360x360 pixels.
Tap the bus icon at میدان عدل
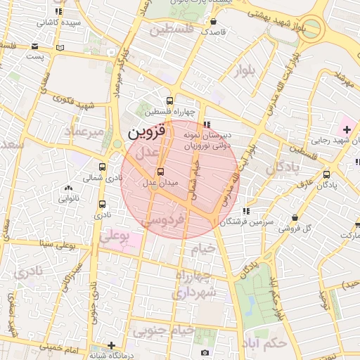click(161, 171)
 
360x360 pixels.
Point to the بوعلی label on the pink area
click(115, 238)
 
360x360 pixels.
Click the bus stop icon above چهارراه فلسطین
click(168, 101)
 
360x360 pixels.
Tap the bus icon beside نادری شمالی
click(103, 167)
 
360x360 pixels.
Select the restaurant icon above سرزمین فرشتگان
click(245, 211)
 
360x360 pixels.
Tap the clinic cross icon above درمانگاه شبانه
click(111, 345)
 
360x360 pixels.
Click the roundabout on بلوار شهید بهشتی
click(311, 30)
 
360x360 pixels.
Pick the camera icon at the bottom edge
click(205, 352)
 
